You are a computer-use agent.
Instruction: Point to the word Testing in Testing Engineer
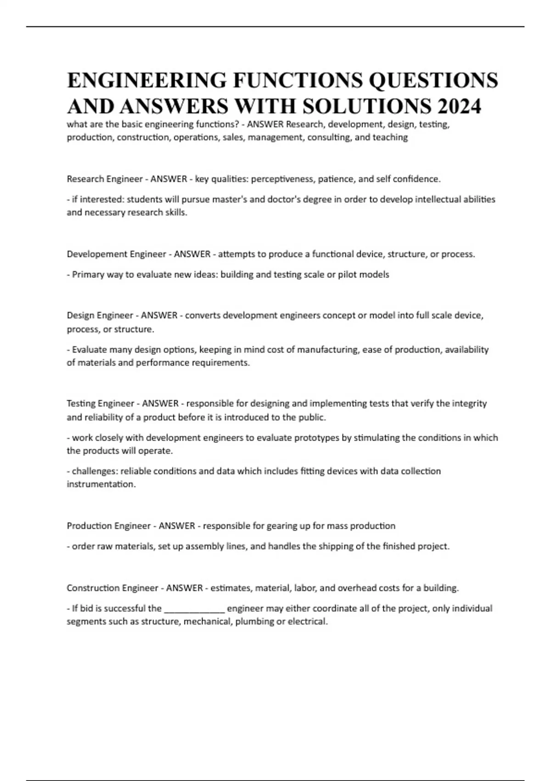click(x=81, y=403)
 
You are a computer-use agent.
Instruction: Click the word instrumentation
click(x=101, y=484)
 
